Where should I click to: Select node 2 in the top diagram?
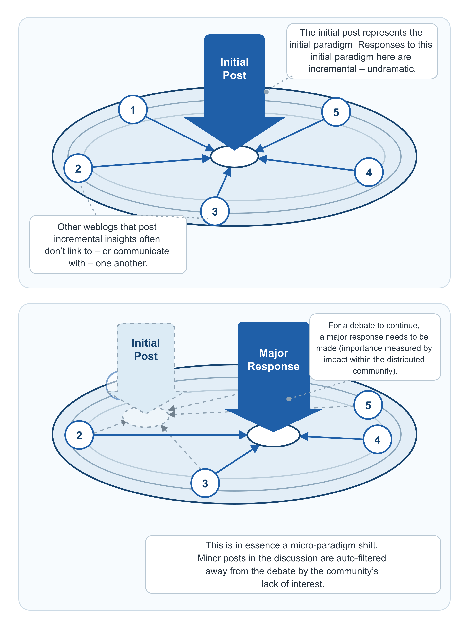[78, 168]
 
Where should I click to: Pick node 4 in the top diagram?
[369, 172]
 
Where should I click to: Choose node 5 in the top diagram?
[336, 112]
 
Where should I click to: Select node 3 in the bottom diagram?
[205, 483]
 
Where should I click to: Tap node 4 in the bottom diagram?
[378, 439]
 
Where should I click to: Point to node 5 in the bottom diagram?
[368, 405]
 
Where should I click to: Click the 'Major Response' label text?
[273, 360]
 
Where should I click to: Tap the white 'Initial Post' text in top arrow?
[234, 68]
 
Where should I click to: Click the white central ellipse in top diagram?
[234, 156]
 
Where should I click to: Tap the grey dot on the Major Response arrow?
[289, 399]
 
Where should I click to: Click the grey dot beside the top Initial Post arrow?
[266, 92]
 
